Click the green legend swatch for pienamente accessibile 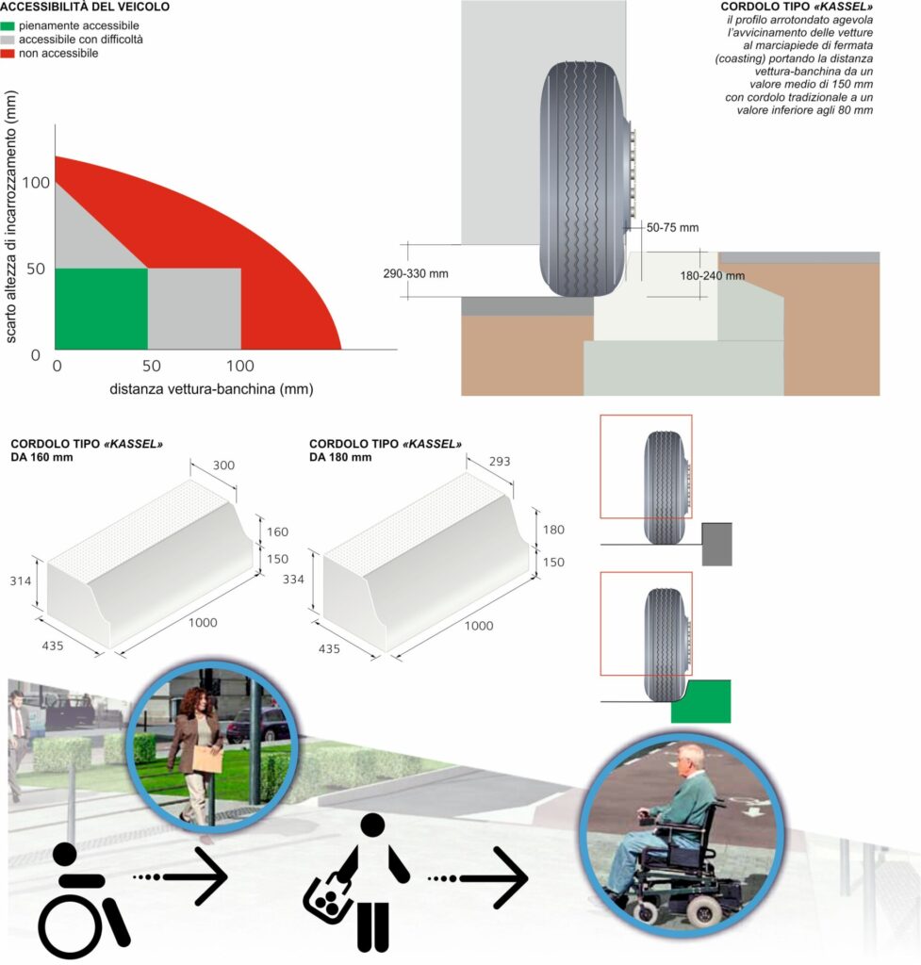8,25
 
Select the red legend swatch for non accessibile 8,54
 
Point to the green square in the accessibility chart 102,309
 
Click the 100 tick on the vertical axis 36,183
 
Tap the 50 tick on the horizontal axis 152,366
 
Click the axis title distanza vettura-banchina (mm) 211,389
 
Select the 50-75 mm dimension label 672,228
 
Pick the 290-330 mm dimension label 416,273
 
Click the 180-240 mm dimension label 713,276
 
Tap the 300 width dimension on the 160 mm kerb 223,466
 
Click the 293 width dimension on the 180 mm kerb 500,461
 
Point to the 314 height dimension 21,581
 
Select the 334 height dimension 293,580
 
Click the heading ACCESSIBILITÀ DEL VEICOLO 85,7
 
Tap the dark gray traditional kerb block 717,544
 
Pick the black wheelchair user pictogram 83,899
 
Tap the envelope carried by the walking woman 207,761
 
